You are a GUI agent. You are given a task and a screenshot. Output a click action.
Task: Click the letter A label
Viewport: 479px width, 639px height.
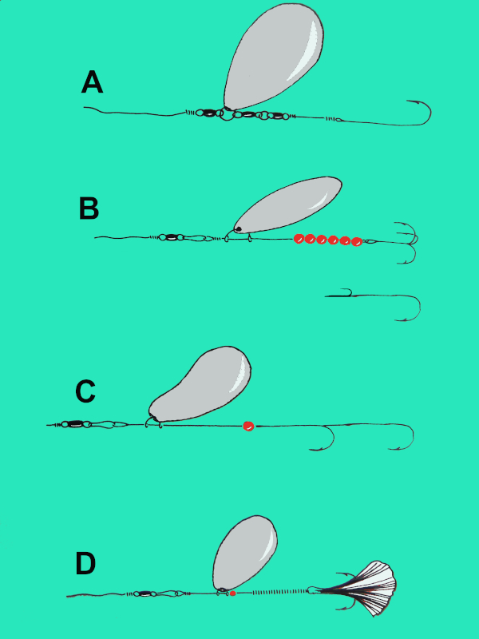[x=93, y=82]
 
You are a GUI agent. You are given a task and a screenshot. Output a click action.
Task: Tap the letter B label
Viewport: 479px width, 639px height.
[x=89, y=208]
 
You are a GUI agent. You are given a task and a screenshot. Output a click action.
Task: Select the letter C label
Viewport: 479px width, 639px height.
[x=85, y=391]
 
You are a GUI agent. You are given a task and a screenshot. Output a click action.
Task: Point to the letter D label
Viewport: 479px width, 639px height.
[x=85, y=564]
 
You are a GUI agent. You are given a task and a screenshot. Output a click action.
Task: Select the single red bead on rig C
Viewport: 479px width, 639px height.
[x=248, y=427]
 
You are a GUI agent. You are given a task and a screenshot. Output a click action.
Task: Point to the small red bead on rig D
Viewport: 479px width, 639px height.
[x=232, y=593]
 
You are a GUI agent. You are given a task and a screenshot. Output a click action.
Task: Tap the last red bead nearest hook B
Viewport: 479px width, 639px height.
[x=357, y=240]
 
